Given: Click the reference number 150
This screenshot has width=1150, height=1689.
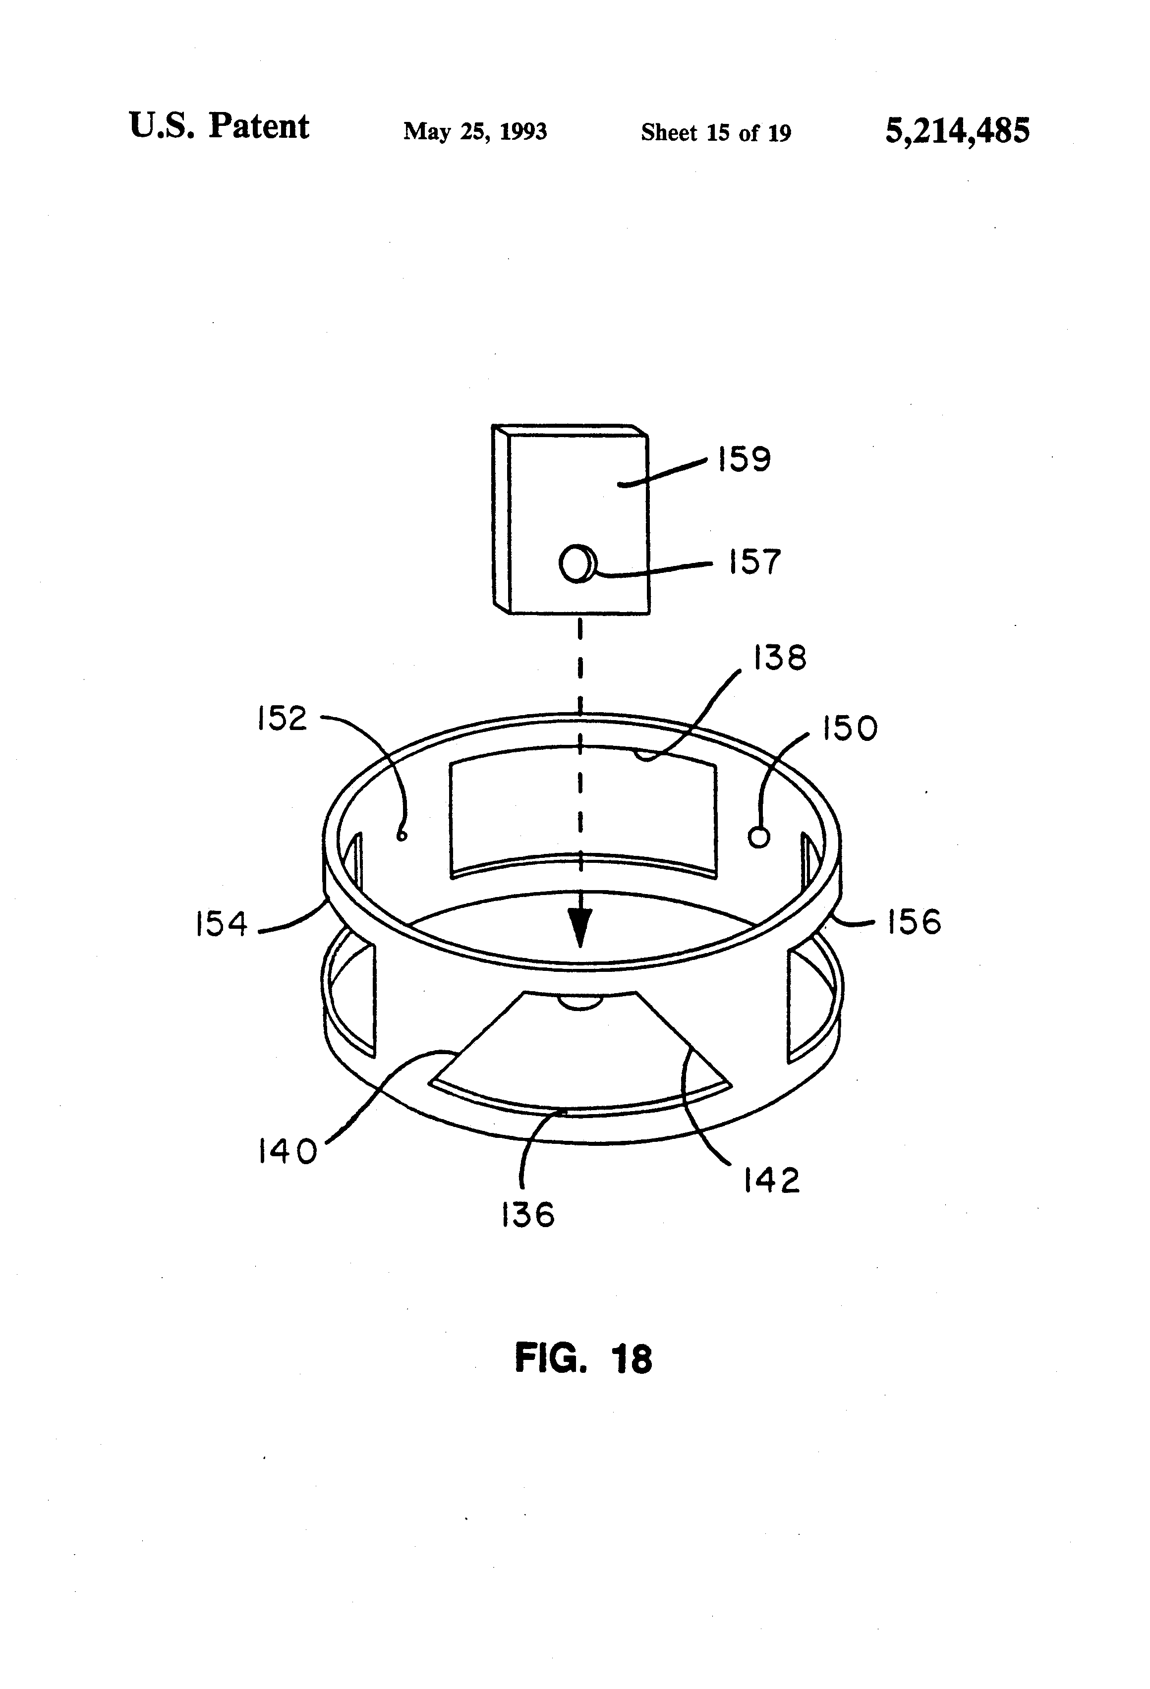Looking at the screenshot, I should [849, 728].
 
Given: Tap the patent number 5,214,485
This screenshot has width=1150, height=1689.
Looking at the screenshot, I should [957, 131].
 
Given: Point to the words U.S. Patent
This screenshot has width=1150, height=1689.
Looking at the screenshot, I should [219, 126].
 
